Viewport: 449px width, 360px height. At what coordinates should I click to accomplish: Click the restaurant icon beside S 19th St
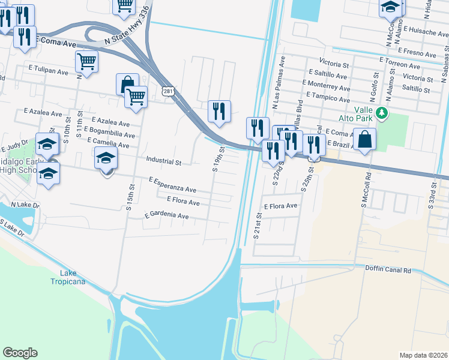(219, 111)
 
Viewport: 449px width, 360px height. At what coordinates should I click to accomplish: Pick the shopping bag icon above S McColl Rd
(364, 140)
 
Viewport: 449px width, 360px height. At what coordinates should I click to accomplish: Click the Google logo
(20, 353)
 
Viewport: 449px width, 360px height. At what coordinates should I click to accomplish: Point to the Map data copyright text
(423, 355)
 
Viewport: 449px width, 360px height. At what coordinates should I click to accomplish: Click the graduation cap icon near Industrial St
(106, 159)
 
